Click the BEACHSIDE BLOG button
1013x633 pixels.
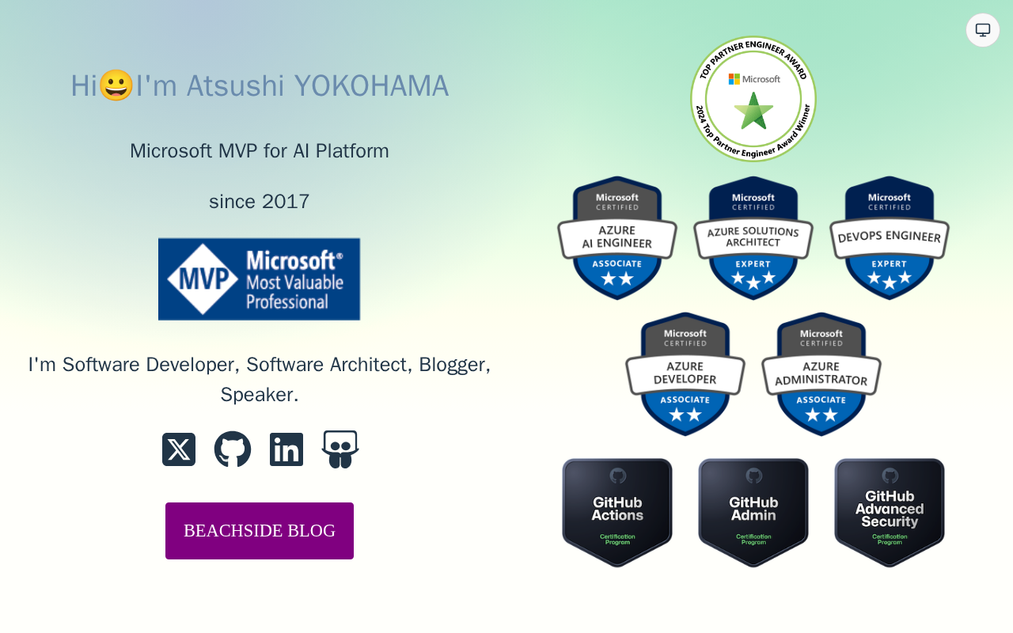tap(260, 531)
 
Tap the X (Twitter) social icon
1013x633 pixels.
tap(179, 449)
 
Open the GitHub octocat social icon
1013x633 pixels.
tap(233, 449)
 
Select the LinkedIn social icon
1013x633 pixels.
tap(286, 449)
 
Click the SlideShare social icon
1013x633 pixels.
tap(340, 449)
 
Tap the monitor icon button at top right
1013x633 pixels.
tap(983, 30)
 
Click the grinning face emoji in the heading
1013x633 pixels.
tap(116, 85)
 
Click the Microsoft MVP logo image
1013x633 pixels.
tap(259, 279)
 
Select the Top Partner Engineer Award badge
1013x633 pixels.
tap(753, 99)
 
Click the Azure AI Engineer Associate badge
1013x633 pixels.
tap(617, 237)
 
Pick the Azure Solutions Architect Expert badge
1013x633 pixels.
tap(753, 237)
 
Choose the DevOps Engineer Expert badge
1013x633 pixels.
tap(890, 237)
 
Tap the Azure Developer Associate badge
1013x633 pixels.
tap(685, 373)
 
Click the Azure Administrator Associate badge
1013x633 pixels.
tap(821, 373)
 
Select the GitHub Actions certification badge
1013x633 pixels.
tap(617, 513)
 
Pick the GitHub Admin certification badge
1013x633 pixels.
tap(753, 513)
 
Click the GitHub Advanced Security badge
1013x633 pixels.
tap(890, 513)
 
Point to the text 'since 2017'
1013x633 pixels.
tap(260, 202)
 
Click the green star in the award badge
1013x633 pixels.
tap(753, 111)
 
